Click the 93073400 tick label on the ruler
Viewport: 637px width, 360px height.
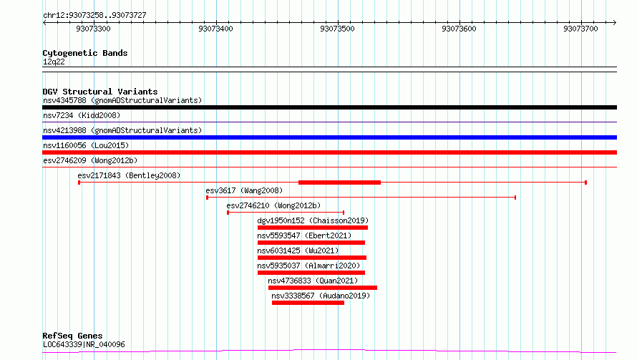[x=215, y=29]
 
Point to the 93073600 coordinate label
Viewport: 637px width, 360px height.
[x=459, y=29]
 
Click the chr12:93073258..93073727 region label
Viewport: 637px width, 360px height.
[x=94, y=15]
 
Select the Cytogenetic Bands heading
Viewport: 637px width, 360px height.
[x=85, y=53]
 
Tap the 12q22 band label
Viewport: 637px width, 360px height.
[x=54, y=62]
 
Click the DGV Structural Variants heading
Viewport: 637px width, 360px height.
[x=100, y=92]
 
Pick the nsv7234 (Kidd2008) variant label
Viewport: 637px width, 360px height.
[x=82, y=115]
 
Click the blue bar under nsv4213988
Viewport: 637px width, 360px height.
[x=329, y=137]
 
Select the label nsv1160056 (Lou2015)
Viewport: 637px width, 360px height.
[x=85, y=145]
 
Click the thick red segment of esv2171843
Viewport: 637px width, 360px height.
[x=340, y=183]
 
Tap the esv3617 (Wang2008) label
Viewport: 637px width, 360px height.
[x=244, y=190]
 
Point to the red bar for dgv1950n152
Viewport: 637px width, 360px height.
[x=313, y=228]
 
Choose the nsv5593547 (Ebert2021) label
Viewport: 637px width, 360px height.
[x=304, y=235]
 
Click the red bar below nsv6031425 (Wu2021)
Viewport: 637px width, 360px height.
[x=312, y=258]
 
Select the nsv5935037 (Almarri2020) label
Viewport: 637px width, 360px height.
[x=308, y=266]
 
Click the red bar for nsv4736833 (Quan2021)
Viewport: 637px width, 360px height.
[x=323, y=288]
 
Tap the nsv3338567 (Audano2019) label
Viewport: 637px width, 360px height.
[x=321, y=296]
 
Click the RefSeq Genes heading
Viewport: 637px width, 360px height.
[x=73, y=336]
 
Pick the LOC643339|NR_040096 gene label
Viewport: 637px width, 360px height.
[x=84, y=344]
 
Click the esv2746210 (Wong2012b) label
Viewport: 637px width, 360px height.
[x=273, y=205]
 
